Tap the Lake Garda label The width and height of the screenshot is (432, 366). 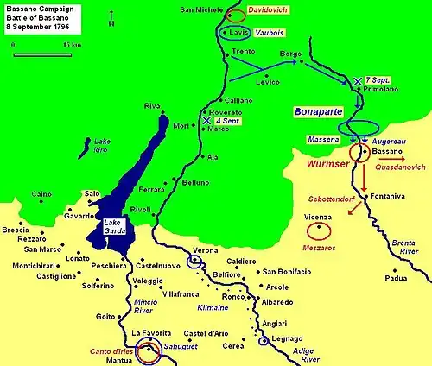pyautogui.click(x=115, y=225)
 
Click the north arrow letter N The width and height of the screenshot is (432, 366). pyautogui.click(x=111, y=24)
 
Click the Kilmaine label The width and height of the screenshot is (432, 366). pyautogui.click(x=222, y=306)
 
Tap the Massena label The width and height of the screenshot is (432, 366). pyautogui.click(x=322, y=139)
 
